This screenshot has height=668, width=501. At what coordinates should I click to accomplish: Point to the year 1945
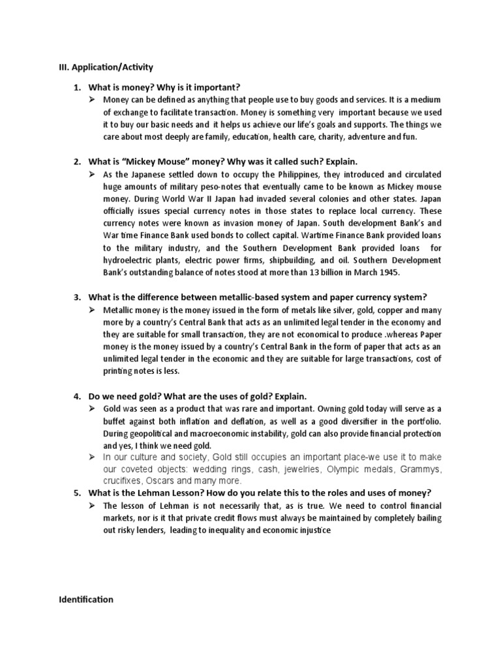click(x=388, y=272)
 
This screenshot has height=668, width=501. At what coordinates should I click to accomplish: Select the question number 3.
click(x=76, y=297)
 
